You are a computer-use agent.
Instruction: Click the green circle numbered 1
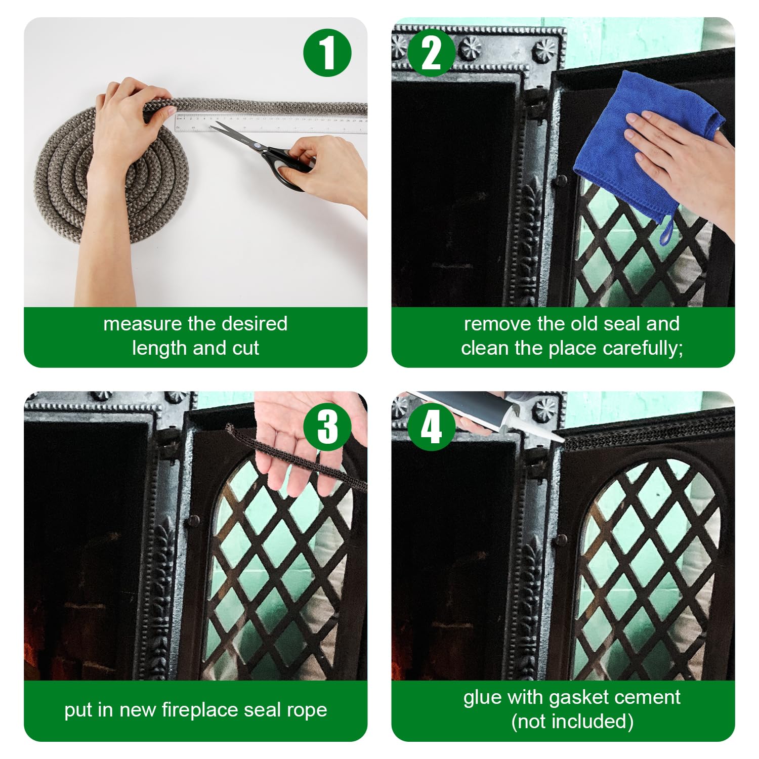click(327, 53)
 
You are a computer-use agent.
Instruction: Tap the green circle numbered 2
click(431, 53)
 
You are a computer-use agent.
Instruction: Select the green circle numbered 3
click(327, 427)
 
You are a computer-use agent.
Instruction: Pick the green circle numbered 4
click(431, 427)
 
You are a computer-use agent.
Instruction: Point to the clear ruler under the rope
click(271, 123)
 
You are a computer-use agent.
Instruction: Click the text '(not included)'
click(572, 722)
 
